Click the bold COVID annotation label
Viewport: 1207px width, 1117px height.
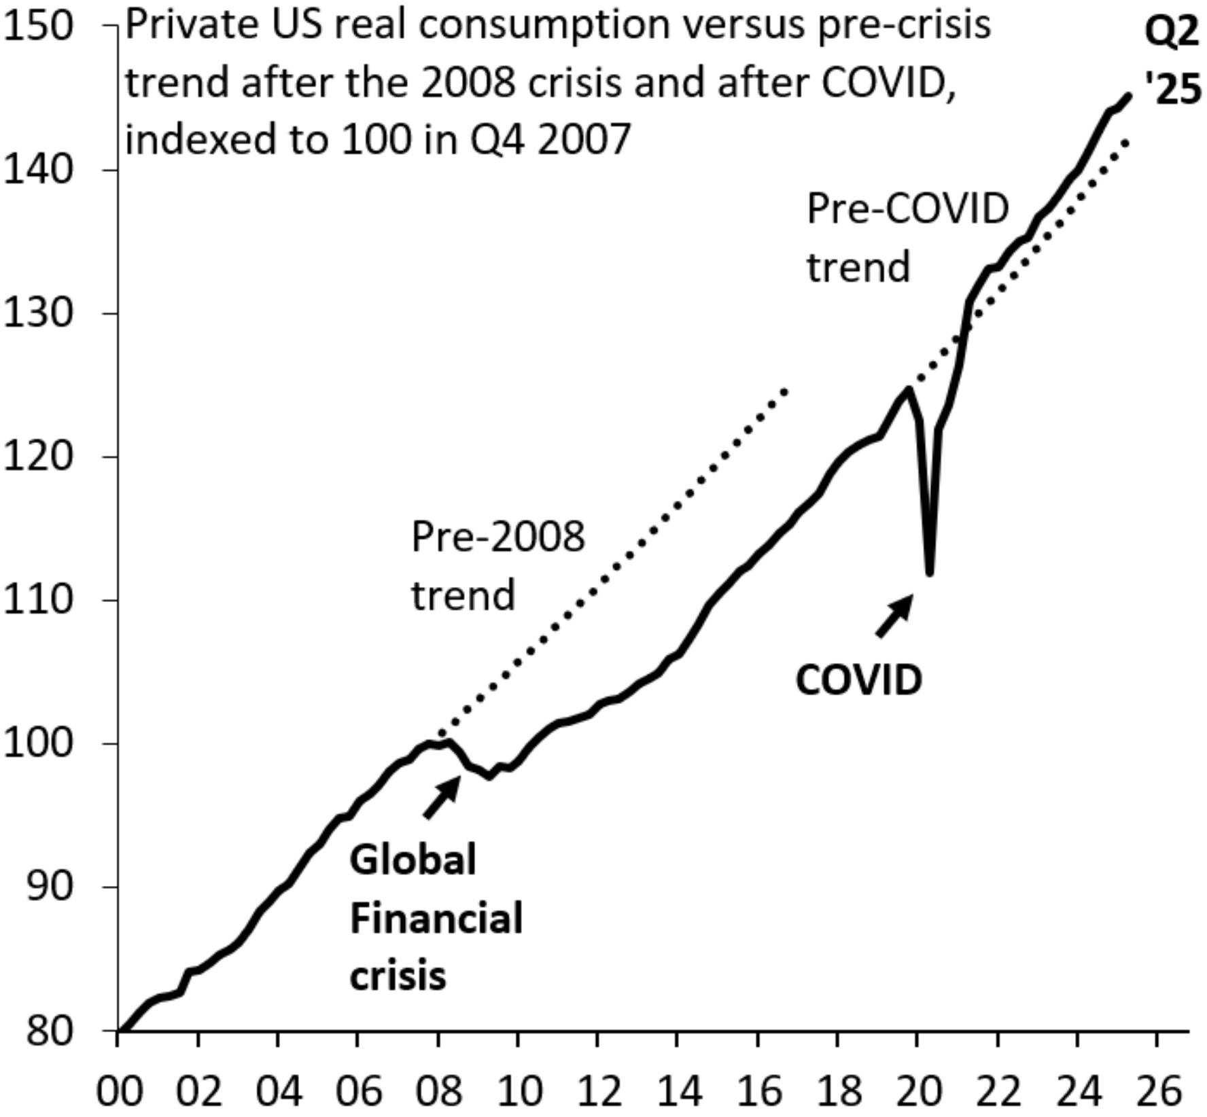click(x=859, y=680)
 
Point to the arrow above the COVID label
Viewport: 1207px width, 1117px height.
click(x=894, y=616)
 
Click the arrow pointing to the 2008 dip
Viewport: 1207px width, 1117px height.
click(x=442, y=798)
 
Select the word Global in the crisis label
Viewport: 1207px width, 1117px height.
click(x=413, y=859)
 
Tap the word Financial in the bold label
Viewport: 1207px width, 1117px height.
click(x=436, y=919)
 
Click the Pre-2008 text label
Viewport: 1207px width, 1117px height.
click(x=497, y=537)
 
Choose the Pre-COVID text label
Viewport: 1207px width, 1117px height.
click(x=907, y=209)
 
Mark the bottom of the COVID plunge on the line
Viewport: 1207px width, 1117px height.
click(x=930, y=573)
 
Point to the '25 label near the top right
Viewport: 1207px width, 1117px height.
click(x=1173, y=90)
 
